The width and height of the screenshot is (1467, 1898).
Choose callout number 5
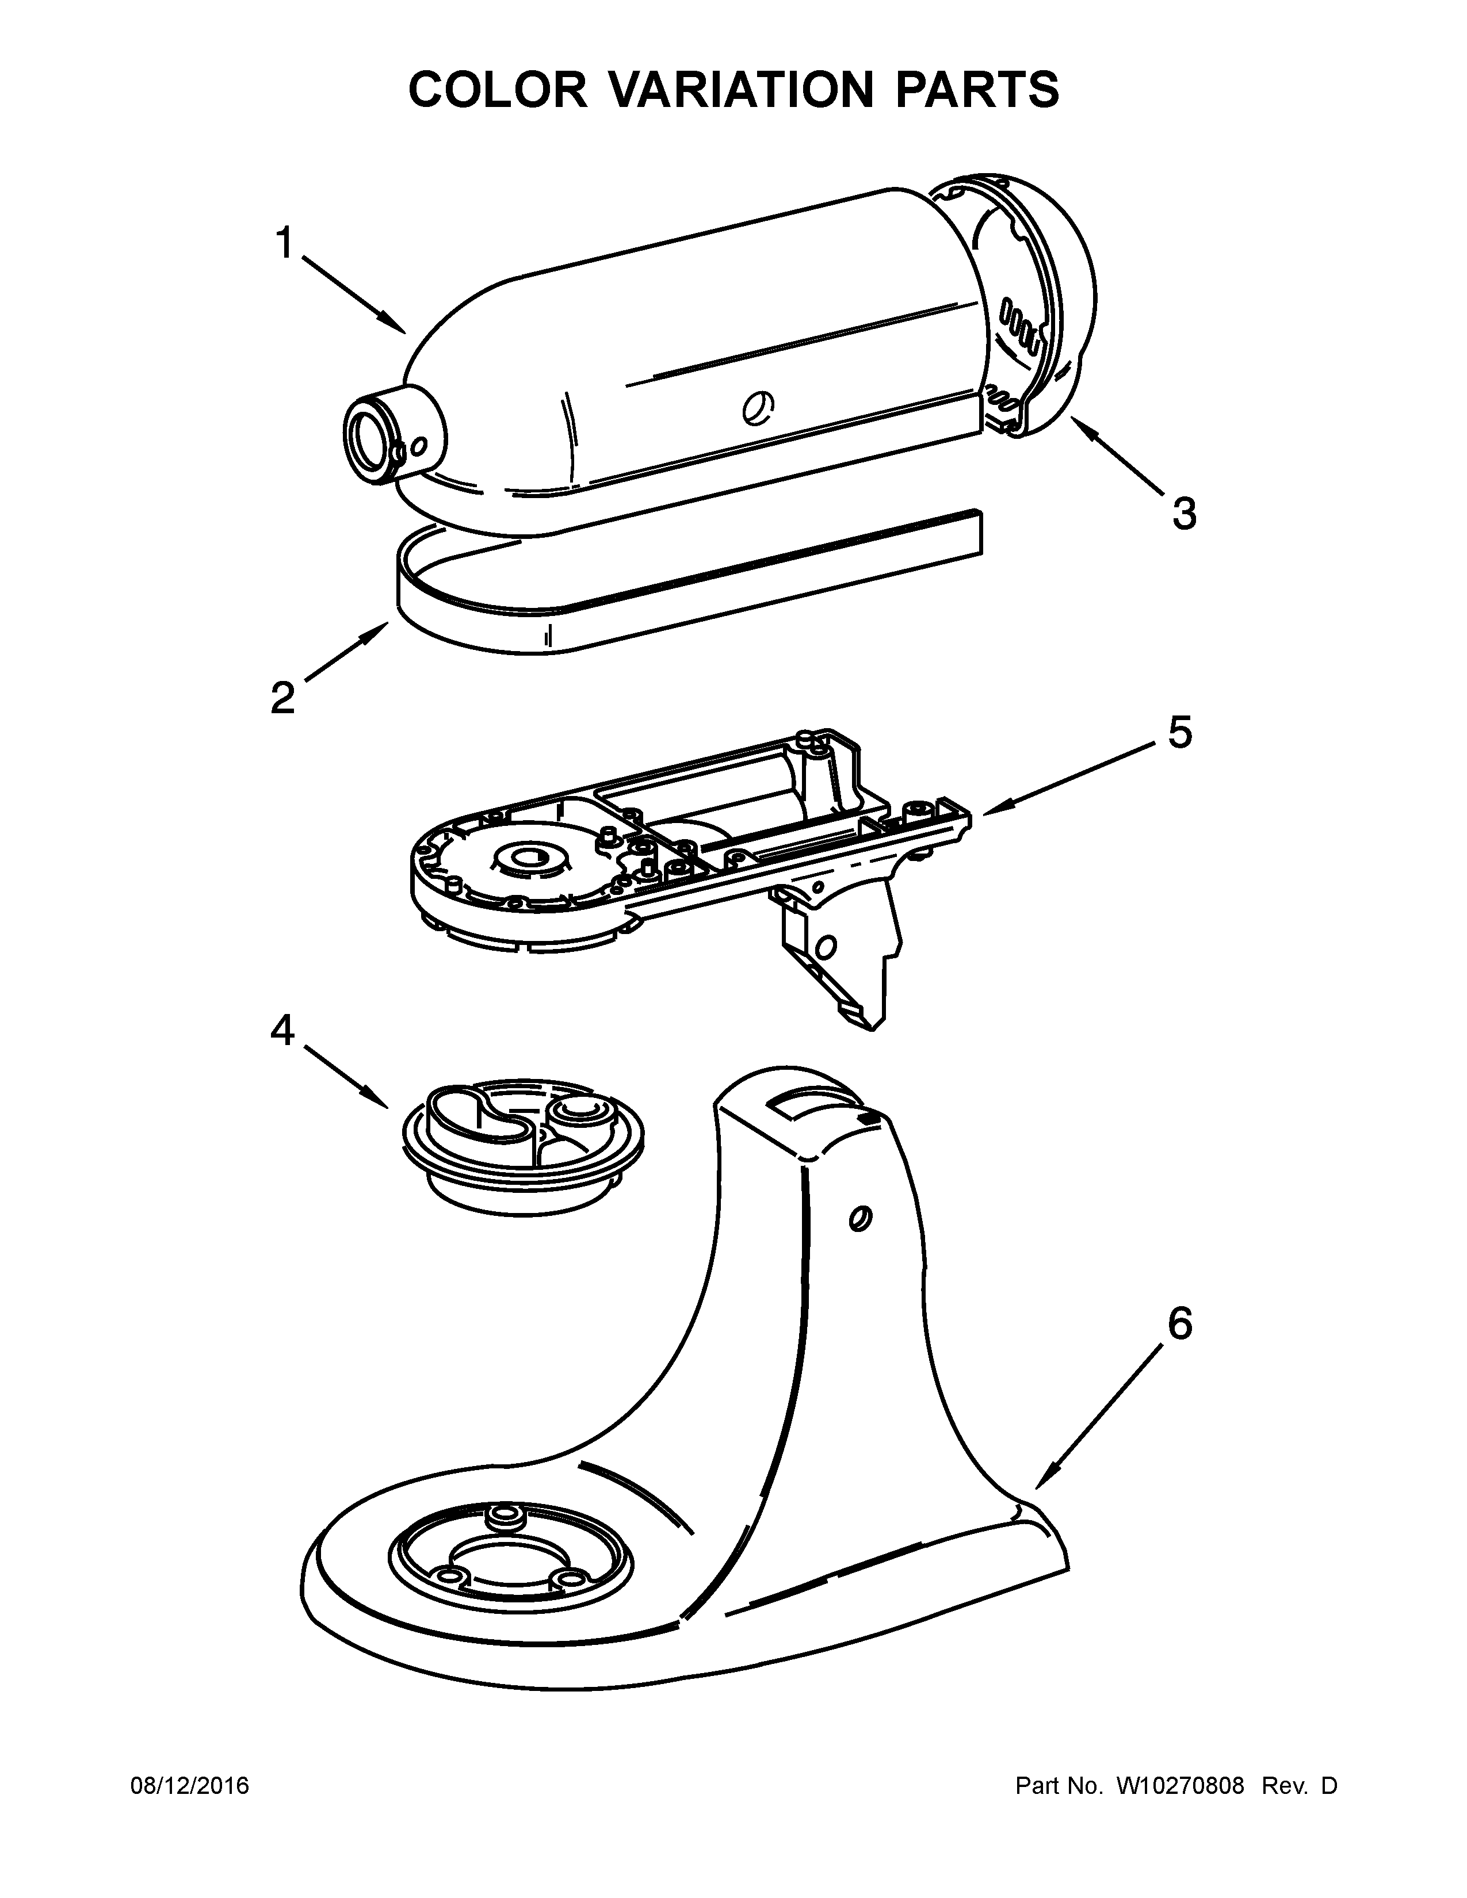pos(1179,733)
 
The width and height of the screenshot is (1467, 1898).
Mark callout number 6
pos(1179,1323)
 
